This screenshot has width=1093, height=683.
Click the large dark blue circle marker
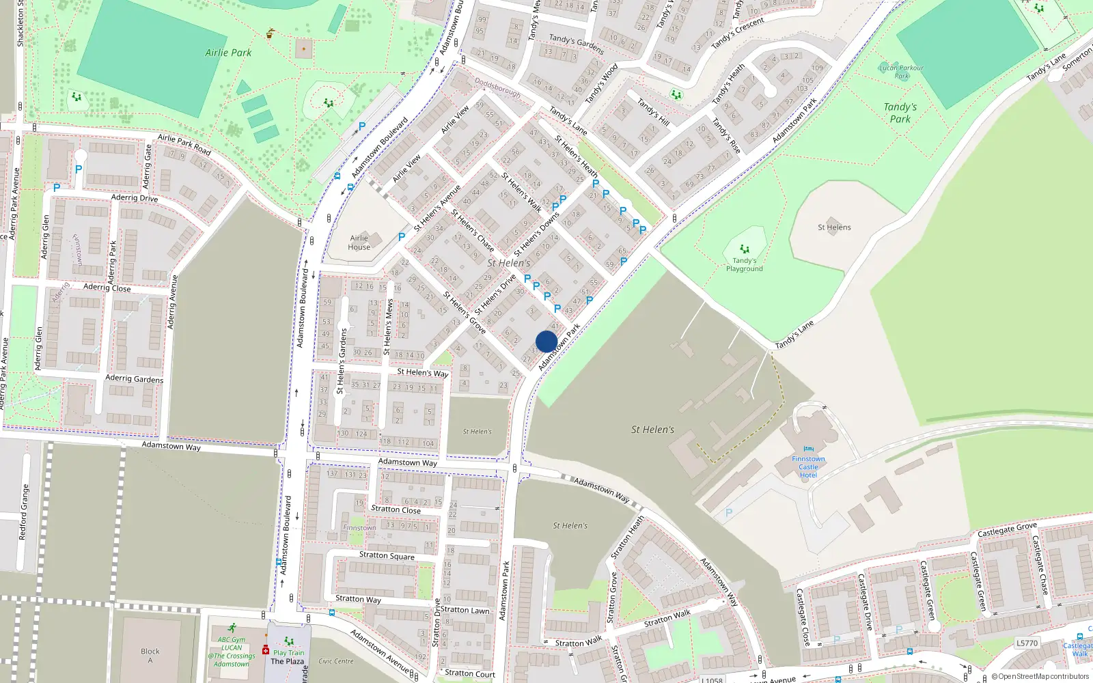[546, 341]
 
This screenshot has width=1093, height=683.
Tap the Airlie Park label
[228, 53]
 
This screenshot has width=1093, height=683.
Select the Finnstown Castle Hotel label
[808, 466]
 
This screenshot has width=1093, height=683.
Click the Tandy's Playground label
[744, 264]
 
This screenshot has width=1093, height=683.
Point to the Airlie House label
[359, 242]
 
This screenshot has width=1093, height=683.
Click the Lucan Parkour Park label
[901, 71]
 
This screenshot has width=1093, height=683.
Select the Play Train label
[289, 652]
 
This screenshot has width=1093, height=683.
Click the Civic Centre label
[336, 661]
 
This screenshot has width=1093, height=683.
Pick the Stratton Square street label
[387, 555]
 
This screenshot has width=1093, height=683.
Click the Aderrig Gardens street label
[134, 378]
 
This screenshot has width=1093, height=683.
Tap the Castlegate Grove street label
[1007, 529]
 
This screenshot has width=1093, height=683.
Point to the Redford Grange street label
[25, 512]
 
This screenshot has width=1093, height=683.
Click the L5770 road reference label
[1027, 643]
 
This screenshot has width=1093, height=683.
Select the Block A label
[150, 656]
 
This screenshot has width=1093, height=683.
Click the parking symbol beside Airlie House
[402, 237]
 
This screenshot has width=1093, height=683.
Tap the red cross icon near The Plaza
[266, 650]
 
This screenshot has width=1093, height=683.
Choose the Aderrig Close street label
[107, 288]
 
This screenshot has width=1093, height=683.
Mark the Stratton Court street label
[470, 673]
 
